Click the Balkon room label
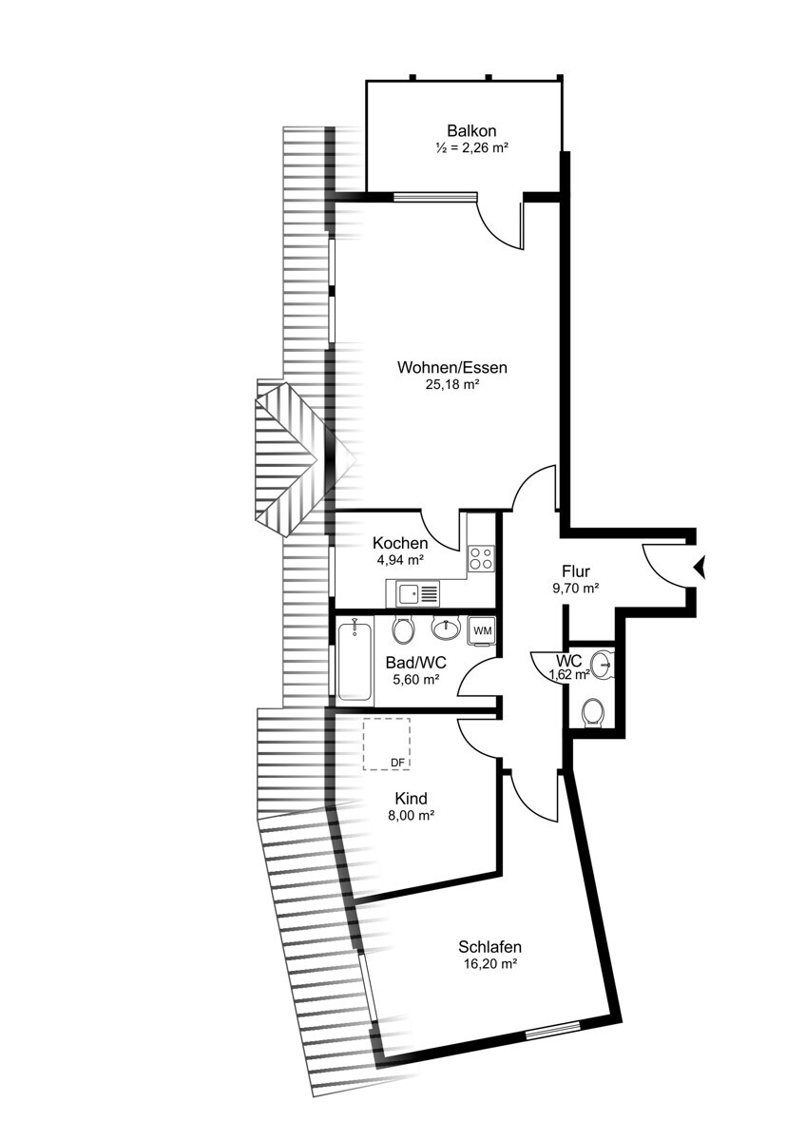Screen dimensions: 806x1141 pos(471,131)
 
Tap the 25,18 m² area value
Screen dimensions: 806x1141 pos(452,384)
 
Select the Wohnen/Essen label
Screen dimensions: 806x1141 pos(452,367)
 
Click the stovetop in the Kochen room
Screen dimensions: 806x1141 pos(481,557)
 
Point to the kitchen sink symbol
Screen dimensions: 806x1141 pos(413,593)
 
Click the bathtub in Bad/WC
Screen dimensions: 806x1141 pos(355,661)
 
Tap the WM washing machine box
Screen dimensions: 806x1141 pos(482,630)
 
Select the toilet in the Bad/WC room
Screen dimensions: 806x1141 pos(402,629)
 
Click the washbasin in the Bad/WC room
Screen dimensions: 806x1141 pos(446,627)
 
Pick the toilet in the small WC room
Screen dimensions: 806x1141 pos(592,712)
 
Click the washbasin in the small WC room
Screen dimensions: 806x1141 pos(603,665)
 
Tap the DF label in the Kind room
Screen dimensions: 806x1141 pos(397,763)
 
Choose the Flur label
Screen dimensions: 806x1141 pos(575,571)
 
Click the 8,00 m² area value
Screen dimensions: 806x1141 pos(412,815)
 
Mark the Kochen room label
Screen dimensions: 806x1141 pos(400,542)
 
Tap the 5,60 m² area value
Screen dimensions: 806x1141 pos(415,680)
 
